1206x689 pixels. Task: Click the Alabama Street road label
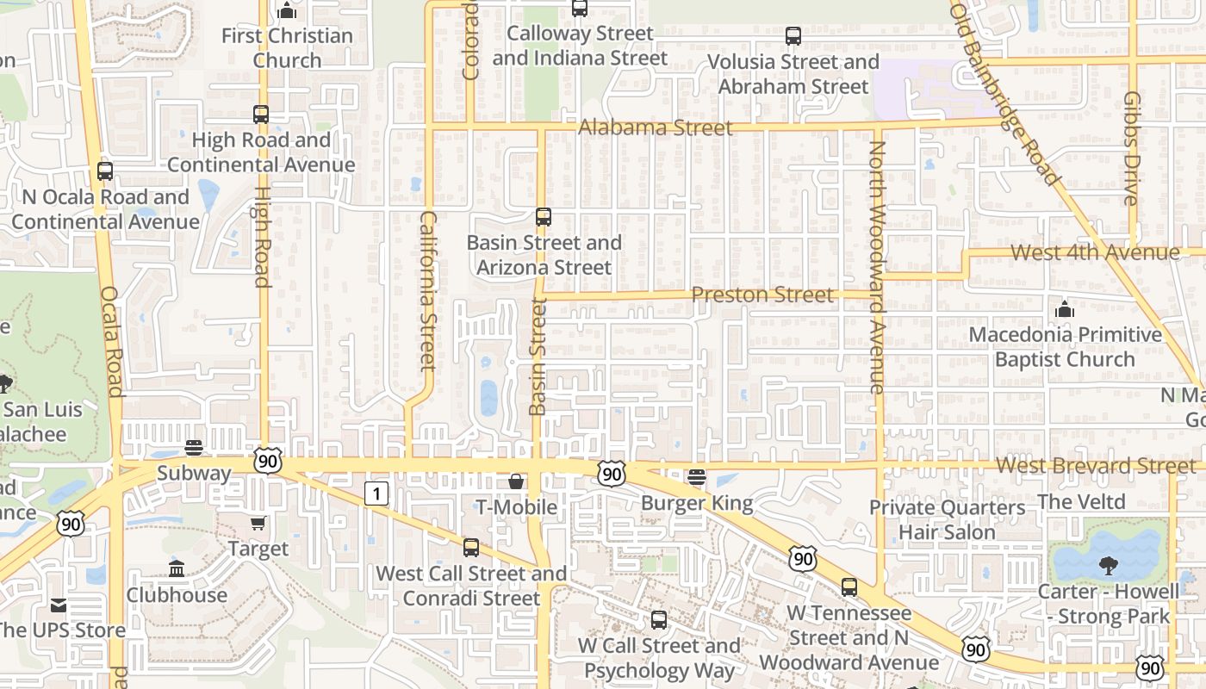coord(655,127)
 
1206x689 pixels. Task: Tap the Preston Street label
coord(762,295)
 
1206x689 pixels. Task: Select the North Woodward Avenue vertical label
coord(877,267)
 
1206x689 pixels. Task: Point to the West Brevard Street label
coord(1096,466)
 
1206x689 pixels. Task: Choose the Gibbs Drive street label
coord(1132,148)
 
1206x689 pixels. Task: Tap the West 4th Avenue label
coord(1094,252)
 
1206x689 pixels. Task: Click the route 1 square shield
coord(376,493)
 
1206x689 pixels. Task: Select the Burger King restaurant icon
coord(697,477)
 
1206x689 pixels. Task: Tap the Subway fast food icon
coord(194,448)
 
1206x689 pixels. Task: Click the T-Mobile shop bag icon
coord(516,481)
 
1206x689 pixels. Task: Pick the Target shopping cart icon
coord(258,523)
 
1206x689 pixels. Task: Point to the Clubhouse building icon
coord(177,569)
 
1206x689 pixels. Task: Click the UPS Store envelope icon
coord(59,605)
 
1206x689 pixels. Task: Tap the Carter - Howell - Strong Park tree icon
coord(1108,566)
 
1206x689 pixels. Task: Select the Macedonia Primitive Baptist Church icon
coord(1065,309)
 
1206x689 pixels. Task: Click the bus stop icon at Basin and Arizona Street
coord(544,217)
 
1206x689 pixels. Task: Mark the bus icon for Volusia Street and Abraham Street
coord(793,36)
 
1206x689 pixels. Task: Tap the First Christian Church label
coord(287,47)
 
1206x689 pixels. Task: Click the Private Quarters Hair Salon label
coord(947,519)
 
